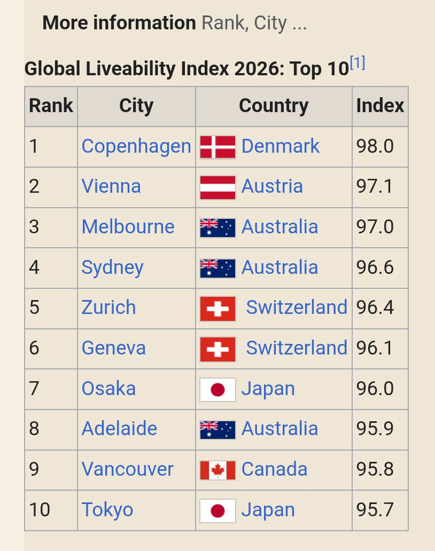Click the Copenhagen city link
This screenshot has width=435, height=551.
(x=136, y=146)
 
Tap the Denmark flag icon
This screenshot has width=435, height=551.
(x=217, y=147)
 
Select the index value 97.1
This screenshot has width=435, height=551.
(x=375, y=186)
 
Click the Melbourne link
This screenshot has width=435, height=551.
(x=128, y=227)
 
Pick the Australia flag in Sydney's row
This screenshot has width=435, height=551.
(x=217, y=269)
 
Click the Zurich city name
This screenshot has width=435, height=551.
(x=108, y=308)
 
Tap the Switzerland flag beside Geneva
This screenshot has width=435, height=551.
(x=217, y=349)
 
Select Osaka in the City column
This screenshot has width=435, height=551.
(x=108, y=389)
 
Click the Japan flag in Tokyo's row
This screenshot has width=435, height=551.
(x=217, y=511)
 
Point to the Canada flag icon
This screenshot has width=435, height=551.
(x=217, y=470)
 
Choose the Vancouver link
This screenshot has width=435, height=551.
(x=128, y=469)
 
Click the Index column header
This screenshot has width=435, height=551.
(x=380, y=105)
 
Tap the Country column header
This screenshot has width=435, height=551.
(x=274, y=106)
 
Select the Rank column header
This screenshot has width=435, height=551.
(x=51, y=105)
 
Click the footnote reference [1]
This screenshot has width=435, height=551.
(x=358, y=63)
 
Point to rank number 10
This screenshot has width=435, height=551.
(x=40, y=509)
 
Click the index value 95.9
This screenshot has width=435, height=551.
(x=375, y=429)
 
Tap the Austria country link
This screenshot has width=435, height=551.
(x=272, y=186)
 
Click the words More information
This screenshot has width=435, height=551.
(x=119, y=23)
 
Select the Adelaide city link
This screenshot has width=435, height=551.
(x=119, y=429)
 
